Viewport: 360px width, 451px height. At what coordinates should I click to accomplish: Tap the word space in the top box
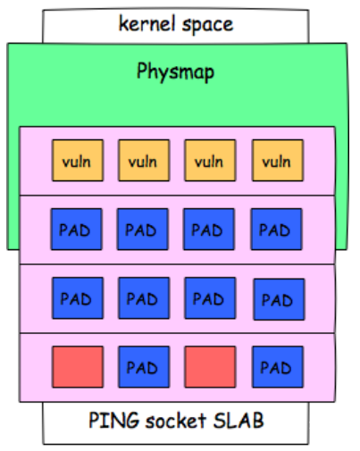[x=207, y=25]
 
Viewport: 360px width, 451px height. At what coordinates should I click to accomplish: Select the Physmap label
[x=175, y=72]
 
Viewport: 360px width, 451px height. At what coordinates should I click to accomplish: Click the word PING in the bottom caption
[x=114, y=420]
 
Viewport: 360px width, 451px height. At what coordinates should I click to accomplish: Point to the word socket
[x=176, y=420]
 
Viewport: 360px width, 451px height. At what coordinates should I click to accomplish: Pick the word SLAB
[x=239, y=420]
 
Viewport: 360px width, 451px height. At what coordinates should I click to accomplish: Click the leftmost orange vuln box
[x=78, y=160]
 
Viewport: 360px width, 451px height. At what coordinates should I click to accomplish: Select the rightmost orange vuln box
[x=278, y=160]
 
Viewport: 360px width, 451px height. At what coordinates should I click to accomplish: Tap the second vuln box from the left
[x=144, y=160]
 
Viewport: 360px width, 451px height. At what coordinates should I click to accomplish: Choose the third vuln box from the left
[x=210, y=160]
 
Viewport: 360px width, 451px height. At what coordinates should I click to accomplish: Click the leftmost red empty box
[x=78, y=367]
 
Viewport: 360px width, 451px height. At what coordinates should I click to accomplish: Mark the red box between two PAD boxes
[x=210, y=367]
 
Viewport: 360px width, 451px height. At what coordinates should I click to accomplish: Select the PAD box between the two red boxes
[x=144, y=367]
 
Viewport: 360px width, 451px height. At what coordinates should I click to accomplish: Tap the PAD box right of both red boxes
[x=278, y=367]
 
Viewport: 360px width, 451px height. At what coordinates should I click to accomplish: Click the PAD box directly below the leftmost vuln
[x=77, y=229]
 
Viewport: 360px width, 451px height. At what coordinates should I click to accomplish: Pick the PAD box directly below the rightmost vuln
[x=277, y=229]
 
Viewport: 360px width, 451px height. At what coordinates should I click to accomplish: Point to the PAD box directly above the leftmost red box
[x=78, y=298]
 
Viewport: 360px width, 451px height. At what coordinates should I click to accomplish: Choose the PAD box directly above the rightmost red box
[x=210, y=298]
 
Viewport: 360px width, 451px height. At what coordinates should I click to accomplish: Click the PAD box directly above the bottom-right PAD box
[x=279, y=299]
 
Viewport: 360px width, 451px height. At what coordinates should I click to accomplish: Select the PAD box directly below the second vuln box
[x=143, y=229]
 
